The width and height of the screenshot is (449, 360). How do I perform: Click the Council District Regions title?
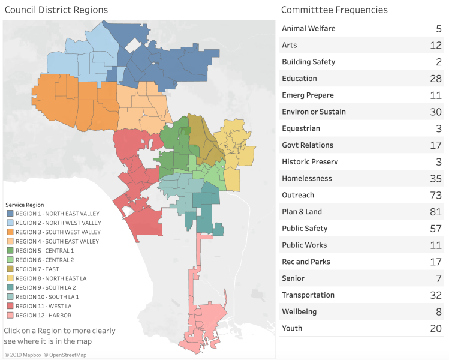[x=56, y=10]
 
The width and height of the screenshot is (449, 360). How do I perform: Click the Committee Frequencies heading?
[x=335, y=10]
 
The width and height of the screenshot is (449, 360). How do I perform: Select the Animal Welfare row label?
[x=309, y=29]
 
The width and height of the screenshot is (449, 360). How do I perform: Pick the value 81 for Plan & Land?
[x=435, y=212]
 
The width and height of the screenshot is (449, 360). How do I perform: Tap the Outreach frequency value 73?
[x=435, y=195]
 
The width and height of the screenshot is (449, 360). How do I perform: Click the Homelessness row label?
[x=306, y=178]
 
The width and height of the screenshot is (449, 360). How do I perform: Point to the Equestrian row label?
[x=301, y=128]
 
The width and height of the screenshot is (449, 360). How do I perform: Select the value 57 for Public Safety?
[x=435, y=229]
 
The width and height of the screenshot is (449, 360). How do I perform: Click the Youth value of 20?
[x=435, y=328]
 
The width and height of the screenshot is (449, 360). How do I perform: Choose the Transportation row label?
[x=308, y=295]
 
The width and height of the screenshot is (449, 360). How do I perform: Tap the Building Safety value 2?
[x=439, y=62]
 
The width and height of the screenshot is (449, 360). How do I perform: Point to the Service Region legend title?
[x=24, y=205]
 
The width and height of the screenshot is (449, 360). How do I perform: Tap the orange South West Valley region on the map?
[x=78, y=102]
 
